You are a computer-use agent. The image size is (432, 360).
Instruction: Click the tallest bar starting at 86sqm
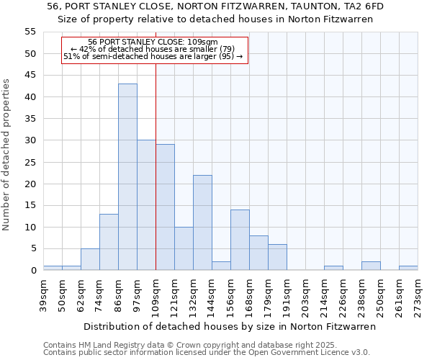[x=127, y=176]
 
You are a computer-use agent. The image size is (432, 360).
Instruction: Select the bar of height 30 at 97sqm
[x=146, y=205]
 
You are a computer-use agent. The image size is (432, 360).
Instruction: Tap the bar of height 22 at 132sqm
[x=202, y=222]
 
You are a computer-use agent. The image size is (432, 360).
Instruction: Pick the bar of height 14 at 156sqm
[x=240, y=240]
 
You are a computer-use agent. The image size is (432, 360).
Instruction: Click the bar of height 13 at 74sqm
[x=109, y=242]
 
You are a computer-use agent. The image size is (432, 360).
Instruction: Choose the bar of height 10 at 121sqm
[x=184, y=248]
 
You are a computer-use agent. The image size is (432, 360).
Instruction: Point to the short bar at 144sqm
[x=221, y=266]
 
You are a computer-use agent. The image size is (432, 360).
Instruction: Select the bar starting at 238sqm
[x=371, y=266]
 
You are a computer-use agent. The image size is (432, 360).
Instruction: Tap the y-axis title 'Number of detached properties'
[x=6, y=153]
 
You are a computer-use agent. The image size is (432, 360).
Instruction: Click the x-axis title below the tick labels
[x=230, y=326]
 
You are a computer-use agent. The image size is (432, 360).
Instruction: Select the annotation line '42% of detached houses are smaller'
[x=153, y=49]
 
